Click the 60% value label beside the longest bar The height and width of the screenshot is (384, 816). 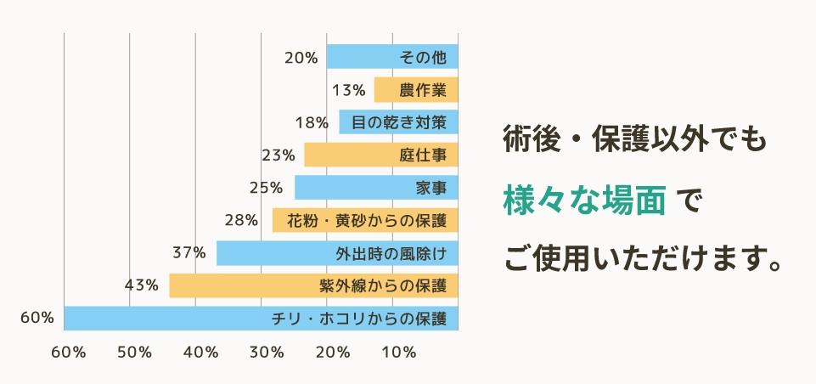[x=37, y=318]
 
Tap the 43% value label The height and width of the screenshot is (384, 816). [x=141, y=285]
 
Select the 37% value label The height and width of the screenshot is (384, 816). [x=189, y=252]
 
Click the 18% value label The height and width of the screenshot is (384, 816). [x=312, y=122]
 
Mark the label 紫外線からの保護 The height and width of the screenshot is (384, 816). [x=383, y=285]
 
